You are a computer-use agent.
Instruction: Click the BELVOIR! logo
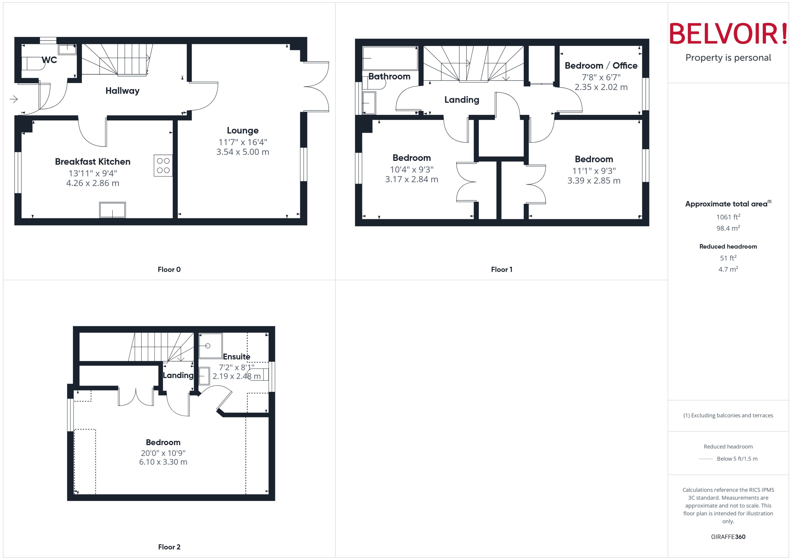(x=728, y=34)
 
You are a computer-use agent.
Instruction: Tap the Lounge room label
(x=243, y=130)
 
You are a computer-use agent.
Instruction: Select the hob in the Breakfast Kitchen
(x=163, y=165)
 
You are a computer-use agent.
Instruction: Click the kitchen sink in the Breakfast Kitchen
(x=112, y=210)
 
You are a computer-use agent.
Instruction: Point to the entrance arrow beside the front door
(x=14, y=99)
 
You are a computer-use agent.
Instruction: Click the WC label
(x=49, y=60)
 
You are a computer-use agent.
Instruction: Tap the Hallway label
(x=122, y=91)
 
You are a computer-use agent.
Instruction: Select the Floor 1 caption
(x=501, y=269)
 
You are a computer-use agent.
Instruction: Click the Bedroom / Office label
(x=601, y=66)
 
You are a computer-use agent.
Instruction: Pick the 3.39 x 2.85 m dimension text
(x=594, y=181)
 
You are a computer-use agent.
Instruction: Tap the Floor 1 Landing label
(x=462, y=100)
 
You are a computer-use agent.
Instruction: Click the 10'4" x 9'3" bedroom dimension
(x=411, y=170)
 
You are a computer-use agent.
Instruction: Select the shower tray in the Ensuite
(x=210, y=346)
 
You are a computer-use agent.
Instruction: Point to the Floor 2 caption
(x=169, y=547)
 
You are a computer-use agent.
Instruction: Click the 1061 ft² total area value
(x=728, y=217)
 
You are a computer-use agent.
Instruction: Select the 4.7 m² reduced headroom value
(x=728, y=269)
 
